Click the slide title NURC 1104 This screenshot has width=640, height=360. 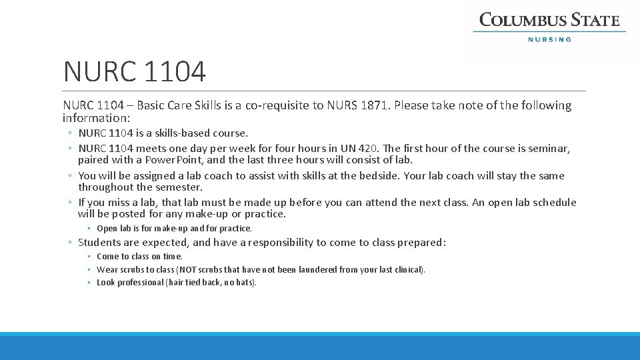coord(135,71)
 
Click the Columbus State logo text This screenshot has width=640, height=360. coord(549,20)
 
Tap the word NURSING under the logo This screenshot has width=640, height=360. coord(549,39)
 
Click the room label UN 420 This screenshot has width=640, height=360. coord(360,149)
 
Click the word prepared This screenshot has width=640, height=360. coord(419,243)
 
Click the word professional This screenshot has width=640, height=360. coord(140,283)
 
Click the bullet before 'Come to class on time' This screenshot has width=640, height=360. coord(89,257)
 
